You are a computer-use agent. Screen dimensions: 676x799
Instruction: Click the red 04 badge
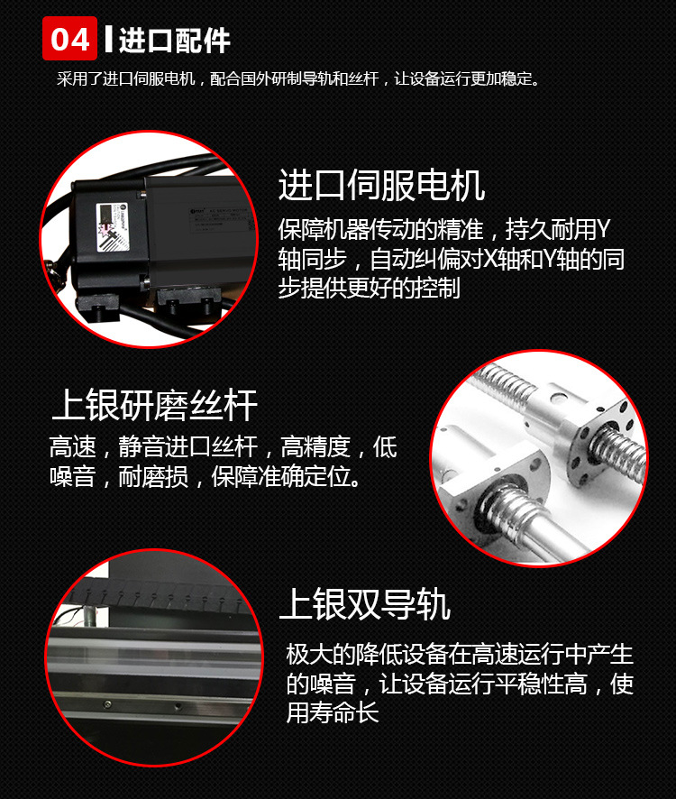coord(69,38)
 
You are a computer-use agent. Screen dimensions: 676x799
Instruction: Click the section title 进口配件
coord(175,41)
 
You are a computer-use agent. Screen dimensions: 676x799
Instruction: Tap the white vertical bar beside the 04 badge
coord(108,38)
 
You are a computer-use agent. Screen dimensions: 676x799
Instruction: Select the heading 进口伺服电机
coord(381,186)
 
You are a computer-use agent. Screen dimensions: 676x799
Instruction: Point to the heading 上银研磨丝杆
coord(154,406)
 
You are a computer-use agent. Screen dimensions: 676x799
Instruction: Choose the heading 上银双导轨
coord(365,604)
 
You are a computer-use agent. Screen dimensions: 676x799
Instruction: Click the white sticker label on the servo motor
coord(113,227)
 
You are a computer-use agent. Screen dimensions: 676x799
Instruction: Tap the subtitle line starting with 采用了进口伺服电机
coord(298,79)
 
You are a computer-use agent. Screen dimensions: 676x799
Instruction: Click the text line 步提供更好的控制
coord(369,288)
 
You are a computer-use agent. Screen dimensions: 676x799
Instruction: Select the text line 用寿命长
coord(333,712)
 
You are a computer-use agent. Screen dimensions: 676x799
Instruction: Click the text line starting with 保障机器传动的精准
coord(443,230)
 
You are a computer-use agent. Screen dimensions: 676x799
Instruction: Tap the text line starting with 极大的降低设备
coord(460,655)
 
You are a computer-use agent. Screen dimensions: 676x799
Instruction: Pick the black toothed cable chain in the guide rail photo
coord(158,595)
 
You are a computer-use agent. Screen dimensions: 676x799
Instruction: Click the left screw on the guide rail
coord(107,704)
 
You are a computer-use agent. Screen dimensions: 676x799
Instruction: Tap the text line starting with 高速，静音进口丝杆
coord(224,447)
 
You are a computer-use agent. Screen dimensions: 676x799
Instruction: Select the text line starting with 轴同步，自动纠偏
coord(452,259)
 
